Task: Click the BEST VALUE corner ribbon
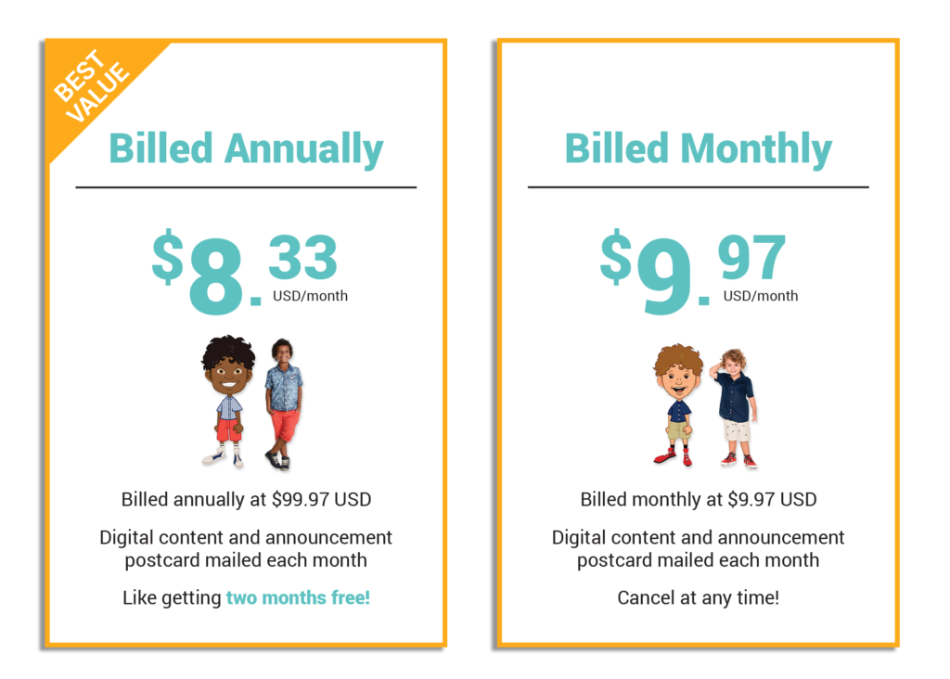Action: (91, 84)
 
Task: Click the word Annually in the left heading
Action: (303, 149)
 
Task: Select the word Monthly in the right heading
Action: (756, 149)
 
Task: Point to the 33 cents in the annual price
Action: (303, 257)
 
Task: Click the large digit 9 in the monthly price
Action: (664, 275)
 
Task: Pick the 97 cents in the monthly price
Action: (751, 257)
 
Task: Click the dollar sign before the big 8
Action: (167, 256)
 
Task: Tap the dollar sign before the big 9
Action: (616, 256)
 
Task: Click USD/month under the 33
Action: (310, 296)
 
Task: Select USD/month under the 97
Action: (761, 296)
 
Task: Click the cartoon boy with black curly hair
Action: (228, 401)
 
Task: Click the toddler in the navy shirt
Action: (736, 407)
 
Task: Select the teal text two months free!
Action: (298, 597)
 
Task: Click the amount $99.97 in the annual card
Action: (301, 500)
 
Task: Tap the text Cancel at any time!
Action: (698, 597)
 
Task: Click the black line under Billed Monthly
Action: (698, 187)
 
